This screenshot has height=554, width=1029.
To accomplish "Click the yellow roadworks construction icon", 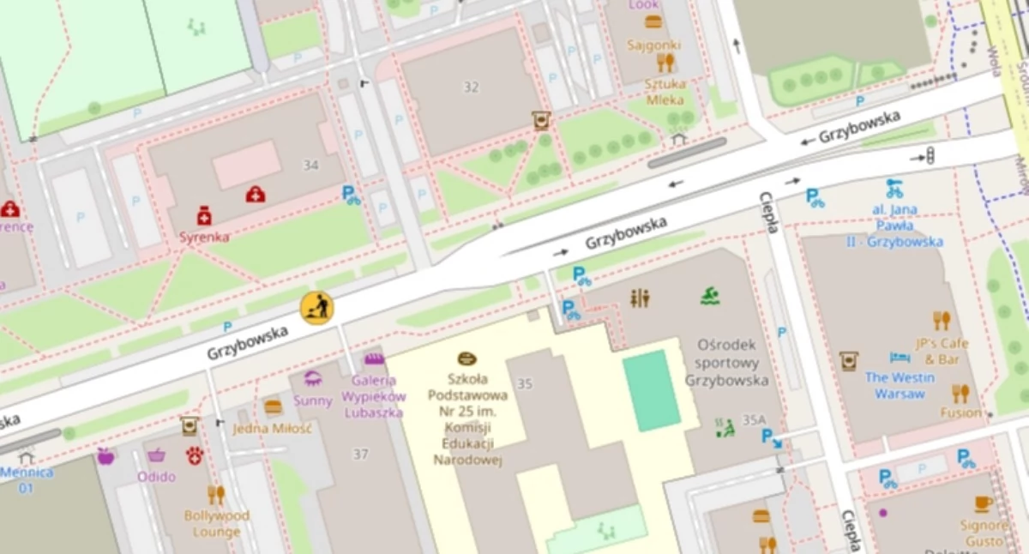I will [x=316, y=307].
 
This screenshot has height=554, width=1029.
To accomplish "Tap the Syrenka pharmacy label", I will [x=204, y=236].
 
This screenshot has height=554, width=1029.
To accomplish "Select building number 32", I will [x=471, y=87].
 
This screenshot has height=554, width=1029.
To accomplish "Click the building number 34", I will [x=310, y=164].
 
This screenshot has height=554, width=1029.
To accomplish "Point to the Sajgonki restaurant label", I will [x=653, y=45].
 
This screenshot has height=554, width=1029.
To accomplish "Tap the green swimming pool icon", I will [x=709, y=297].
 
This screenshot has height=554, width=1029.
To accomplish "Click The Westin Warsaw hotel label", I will [x=900, y=385].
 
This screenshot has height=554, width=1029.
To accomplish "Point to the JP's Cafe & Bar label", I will [x=941, y=350].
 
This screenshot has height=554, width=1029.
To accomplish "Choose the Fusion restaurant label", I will [x=960, y=412].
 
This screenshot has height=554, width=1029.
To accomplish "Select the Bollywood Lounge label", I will [x=216, y=523].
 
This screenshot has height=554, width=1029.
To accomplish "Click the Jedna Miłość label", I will [x=272, y=427].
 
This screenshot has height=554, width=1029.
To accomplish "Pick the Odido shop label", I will [x=156, y=476].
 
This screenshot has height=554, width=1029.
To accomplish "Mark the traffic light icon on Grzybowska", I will [x=929, y=155].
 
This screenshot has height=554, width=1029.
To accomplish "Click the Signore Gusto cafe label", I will [x=984, y=533].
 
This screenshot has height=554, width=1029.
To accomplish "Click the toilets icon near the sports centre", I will [x=640, y=298].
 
